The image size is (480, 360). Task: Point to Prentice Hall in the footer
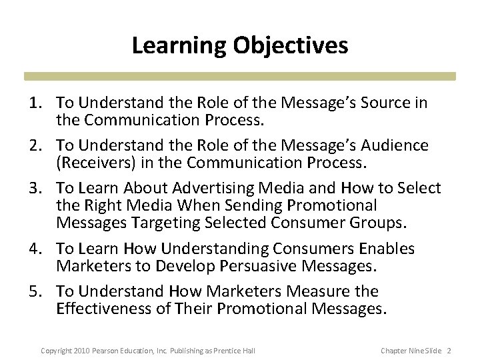(x=236, y=351)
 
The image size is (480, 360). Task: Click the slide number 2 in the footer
(x=449, y=351)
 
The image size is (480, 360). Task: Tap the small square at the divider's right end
(x=451, y=77)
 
